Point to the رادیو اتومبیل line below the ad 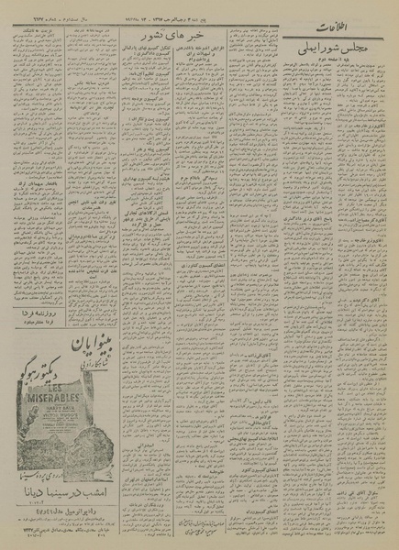click(59, 530)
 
